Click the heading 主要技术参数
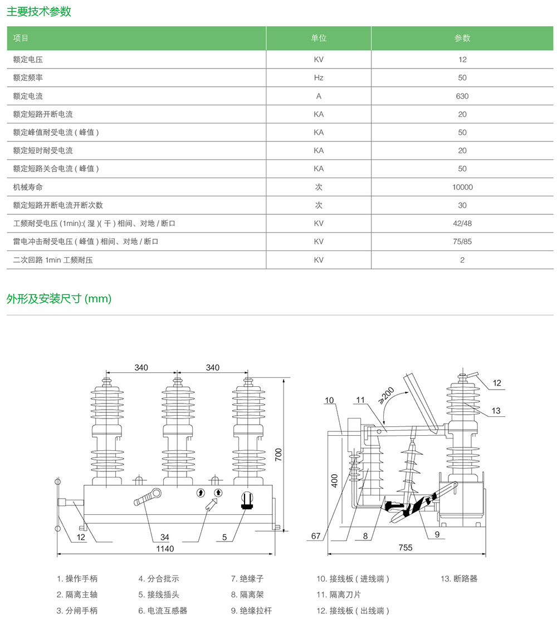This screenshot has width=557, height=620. (39, 12)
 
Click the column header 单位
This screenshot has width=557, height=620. (319, 38)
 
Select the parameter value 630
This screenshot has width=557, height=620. (462, 96)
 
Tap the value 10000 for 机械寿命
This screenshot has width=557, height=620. (462, 187)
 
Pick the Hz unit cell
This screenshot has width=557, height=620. (319, 78)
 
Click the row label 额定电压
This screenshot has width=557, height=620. (28, 60)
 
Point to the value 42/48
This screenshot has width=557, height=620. (462, 223)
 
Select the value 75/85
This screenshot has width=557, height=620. (462, 242)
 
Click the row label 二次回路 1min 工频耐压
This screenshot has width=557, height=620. (53, 260)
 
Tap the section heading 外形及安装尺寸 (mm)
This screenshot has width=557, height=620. (59, 299)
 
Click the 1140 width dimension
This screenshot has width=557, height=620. (165, 549)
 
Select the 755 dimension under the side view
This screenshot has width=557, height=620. (405, 548)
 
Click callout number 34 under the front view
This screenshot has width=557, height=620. (165, 537)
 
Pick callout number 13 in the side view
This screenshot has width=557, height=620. (496, 411)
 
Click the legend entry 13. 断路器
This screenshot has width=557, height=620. (459, 579)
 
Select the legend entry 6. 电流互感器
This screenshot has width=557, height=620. (163, 611)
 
